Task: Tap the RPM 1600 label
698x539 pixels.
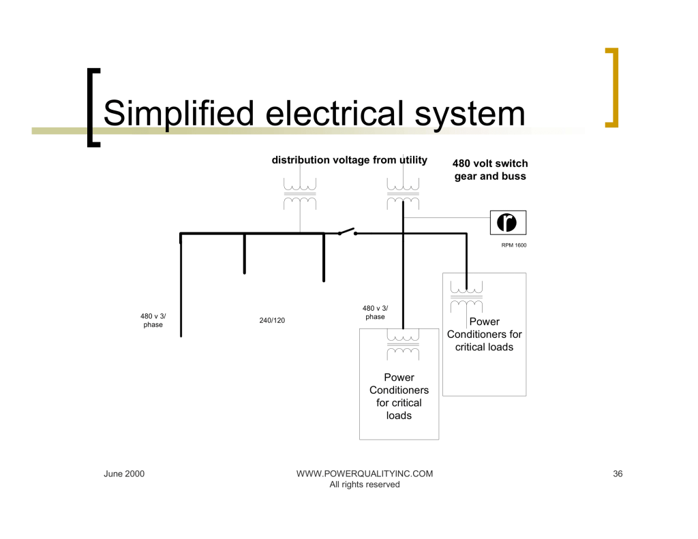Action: [513, 245]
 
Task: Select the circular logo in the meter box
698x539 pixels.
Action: [507, 222]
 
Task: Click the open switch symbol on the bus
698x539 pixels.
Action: [347, 232]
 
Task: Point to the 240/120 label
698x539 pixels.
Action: [272, 320]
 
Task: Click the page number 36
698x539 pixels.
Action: [618, 474]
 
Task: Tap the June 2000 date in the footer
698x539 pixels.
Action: [124, 474]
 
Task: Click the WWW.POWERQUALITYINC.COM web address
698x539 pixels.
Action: [365, 474]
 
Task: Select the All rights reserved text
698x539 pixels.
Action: [365, 484]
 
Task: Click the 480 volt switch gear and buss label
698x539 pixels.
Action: [490, 170]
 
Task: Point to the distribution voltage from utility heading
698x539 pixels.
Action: [349, 160]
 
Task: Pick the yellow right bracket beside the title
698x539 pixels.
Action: [611, 87]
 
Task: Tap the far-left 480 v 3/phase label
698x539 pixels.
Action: [153, 320]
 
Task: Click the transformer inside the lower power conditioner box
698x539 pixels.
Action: [403, 345]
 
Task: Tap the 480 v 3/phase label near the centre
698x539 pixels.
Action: [375, 312]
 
